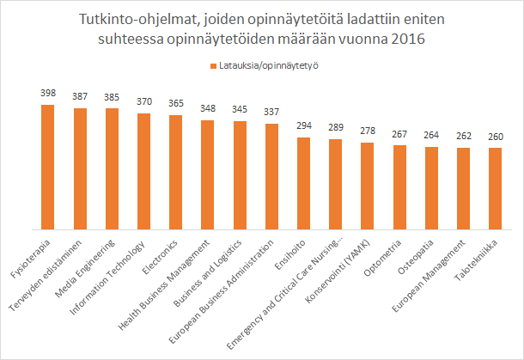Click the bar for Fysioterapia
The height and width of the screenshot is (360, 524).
click(x=48, y=167)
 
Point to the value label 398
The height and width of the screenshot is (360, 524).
click(x=48, y=92)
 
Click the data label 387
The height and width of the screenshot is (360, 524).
click(x=80, y=95)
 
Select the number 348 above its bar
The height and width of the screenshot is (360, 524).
click(x=208, y=107)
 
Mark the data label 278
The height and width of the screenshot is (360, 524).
click(x=367, y=130)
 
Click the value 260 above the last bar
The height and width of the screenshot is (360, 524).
click(x=495, y=135)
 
